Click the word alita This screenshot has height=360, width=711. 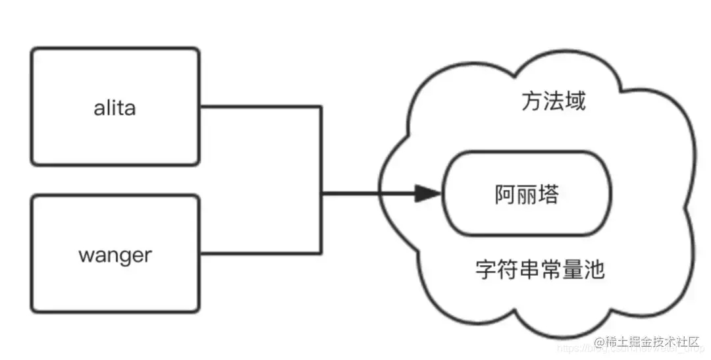click(x=115, y=107)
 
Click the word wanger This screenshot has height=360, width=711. click(x=115, y=255)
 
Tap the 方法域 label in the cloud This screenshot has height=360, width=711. click(x=553, y=102)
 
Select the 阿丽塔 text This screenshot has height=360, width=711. click(x=527, y=194)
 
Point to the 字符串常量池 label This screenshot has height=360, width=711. click(x=540, y=269)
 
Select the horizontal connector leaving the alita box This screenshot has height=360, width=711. click(x=260, y=107)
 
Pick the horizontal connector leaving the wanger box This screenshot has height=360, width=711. click(x=260, y=253)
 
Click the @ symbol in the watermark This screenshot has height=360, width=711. click(x=600, y=342)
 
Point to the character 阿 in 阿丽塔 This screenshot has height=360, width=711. click(x=506, y=194)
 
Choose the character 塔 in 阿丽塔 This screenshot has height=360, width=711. click(x=548, y=194)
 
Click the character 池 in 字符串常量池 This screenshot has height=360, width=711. click(x=594, y=269)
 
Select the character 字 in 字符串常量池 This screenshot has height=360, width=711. click(x=486, y=269)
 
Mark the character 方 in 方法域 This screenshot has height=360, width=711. click(x=532, y=102)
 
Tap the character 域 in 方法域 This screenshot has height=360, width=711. click(x=575, y=102)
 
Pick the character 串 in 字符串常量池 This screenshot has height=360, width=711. click(x=529, y=269)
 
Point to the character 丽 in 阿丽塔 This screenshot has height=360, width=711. click(x=527, y=194)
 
